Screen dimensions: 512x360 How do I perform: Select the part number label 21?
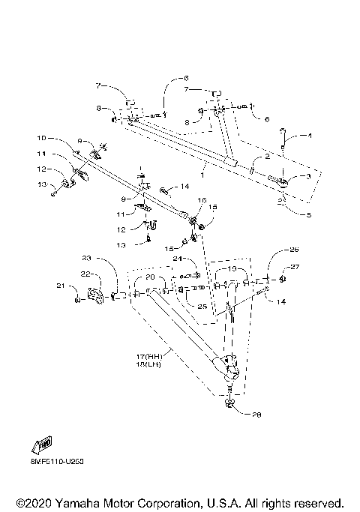pyautogui.click(x=61, y=286)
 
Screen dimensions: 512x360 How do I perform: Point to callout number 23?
pyautogui.click(x=86, y=259)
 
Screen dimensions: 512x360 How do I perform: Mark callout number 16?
pyautogui.click(x=201, y=201)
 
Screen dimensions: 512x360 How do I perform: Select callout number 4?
pyautogui.click(x=307, y=136)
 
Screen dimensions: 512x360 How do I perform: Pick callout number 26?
pyautogui.click(x=293, y=250)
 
